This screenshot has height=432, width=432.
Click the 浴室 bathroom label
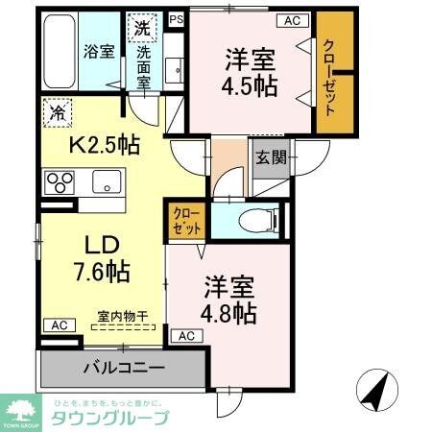(98, 51)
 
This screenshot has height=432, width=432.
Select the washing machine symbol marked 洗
(141, 28)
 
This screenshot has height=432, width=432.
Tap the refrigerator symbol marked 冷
(55, 112)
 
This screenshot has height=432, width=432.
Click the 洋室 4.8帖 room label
(228, 300)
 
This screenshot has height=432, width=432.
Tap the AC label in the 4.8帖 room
(186, 336)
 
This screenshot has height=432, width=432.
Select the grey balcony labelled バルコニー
(123, 368)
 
